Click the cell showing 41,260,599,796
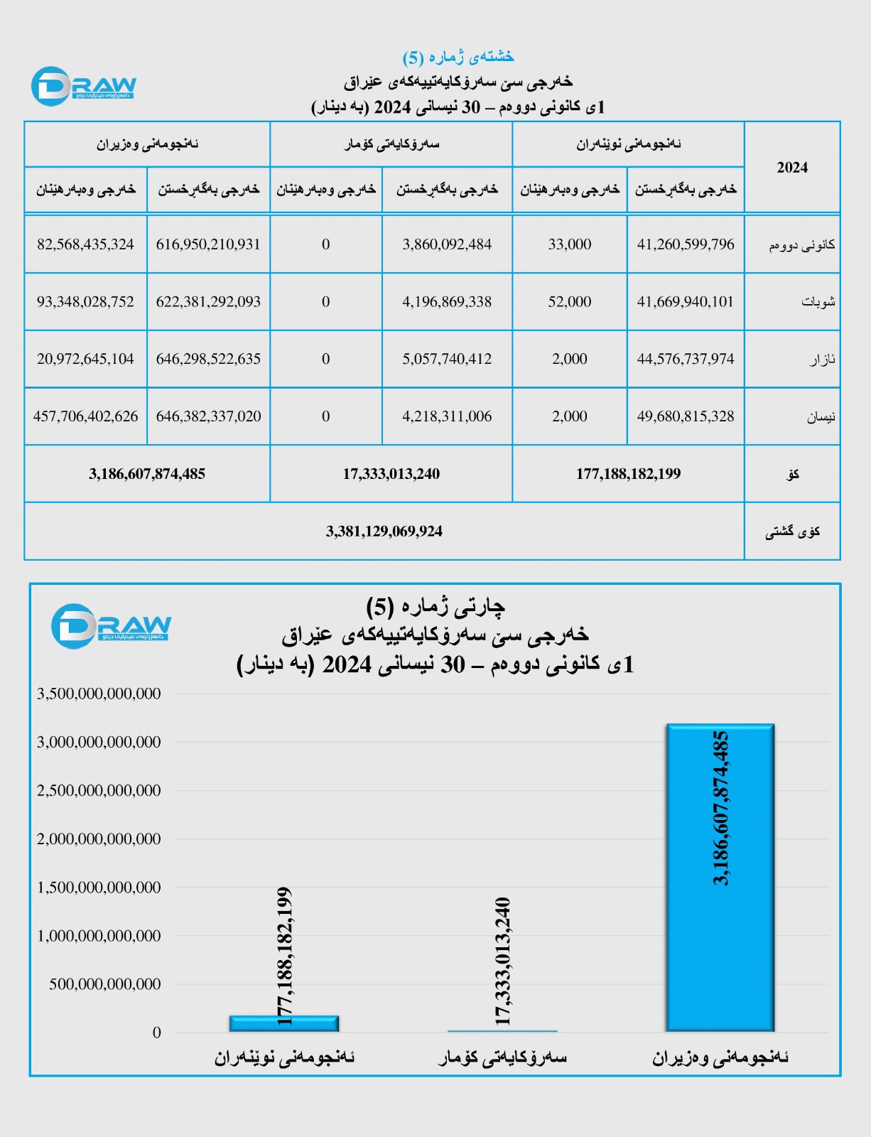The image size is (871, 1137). pos(686,244)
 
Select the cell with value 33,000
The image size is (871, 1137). pos(569,244)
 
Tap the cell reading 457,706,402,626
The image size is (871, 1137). pos(85,416)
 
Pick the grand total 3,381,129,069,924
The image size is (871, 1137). pos(384,532)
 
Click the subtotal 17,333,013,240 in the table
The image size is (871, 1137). pos(391,474)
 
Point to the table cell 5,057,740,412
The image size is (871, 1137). pos(447,359)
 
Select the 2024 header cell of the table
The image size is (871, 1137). pos(792,168)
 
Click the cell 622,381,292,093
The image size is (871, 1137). pos(208,302)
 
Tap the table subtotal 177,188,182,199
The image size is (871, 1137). pos(628,474)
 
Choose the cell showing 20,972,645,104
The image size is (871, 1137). pos(85,359)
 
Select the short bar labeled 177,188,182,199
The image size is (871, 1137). pos(284,1024)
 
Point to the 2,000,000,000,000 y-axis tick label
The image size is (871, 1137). pos(99,839)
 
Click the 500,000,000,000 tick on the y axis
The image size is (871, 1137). pos(105,984)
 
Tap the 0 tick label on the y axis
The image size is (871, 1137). pos(157,1033)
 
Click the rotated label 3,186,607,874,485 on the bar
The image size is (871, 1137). pos(720,808)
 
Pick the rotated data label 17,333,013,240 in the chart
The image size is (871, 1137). pos(502,961)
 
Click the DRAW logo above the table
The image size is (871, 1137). pos(84,87)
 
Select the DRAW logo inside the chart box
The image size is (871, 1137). pos(111,626)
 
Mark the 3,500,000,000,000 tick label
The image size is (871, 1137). pos(99,694)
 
